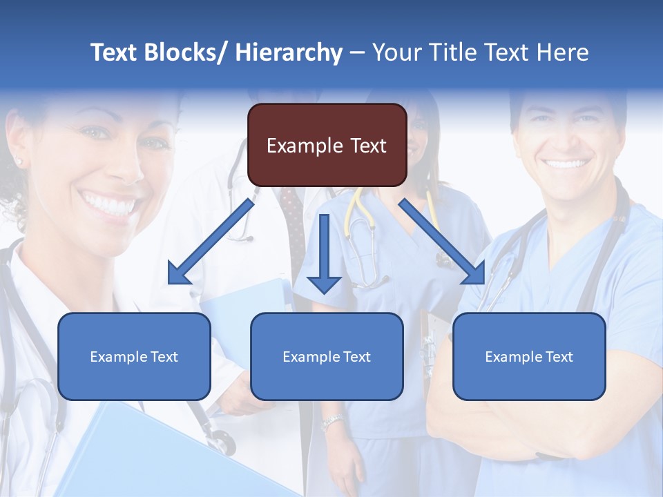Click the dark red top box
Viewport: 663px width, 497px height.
coord(327,145)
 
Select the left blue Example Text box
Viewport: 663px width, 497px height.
coord(134,356)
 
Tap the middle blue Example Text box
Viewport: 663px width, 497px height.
coord(327,356)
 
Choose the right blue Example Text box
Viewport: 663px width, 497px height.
coord(529,356)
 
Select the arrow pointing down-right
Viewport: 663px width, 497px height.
coord(443,242)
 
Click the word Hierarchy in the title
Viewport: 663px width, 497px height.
coord(289,52)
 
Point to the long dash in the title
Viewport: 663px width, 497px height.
coord(357,52)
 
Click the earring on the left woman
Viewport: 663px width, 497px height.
coord(19,162)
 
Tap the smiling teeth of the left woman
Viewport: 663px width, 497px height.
coord(110,204)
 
